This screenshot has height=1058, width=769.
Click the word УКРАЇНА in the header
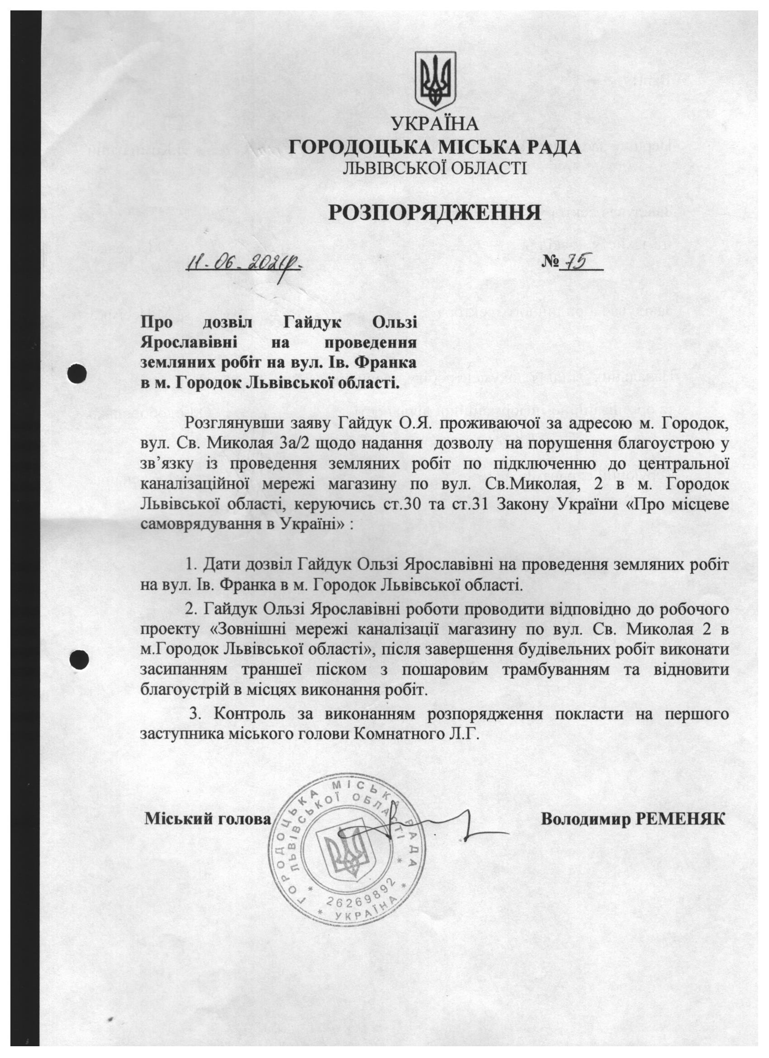435,124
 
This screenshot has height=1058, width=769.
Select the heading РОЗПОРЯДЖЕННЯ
434,213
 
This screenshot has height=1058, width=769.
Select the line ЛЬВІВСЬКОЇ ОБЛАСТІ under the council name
435,168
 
